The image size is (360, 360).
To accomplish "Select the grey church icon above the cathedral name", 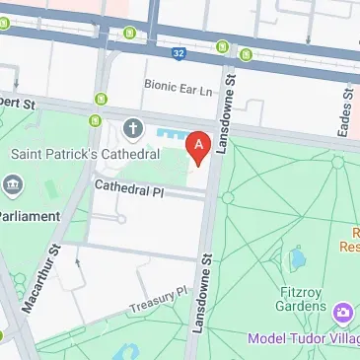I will point(133,128).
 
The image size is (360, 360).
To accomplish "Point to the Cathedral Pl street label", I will point(128,184).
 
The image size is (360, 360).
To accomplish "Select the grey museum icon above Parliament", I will point(13,183).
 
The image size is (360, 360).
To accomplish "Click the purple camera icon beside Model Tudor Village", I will point(343,313).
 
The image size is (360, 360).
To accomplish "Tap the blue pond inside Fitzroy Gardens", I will point(296,258).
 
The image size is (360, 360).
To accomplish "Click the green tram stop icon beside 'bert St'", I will point(99,98).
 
